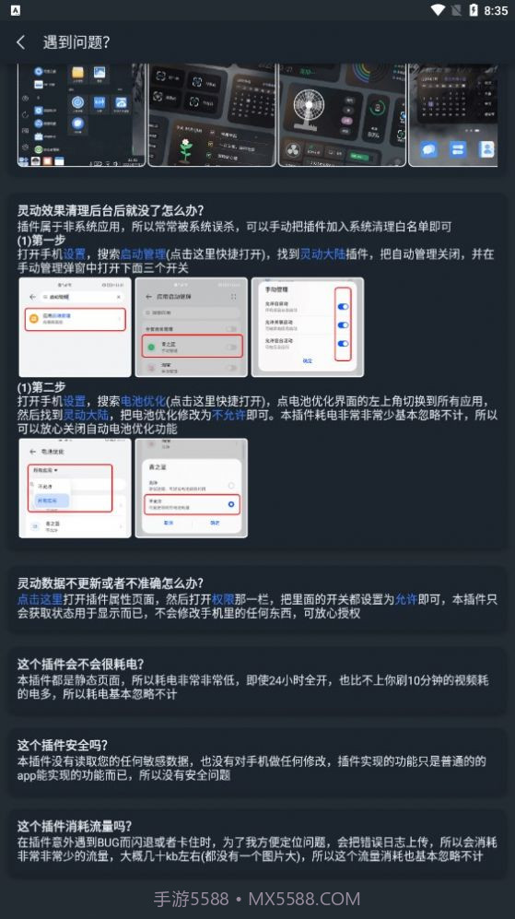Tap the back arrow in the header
20,42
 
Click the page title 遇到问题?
76,42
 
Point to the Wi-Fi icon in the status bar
437,10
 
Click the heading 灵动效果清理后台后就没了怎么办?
111,210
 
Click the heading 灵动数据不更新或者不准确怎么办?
110,583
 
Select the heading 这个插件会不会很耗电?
80,664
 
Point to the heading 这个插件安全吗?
62,745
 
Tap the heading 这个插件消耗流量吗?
74,826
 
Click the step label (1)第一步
42,240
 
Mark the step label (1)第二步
42,387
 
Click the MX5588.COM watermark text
304,898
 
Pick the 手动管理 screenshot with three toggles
307,326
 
